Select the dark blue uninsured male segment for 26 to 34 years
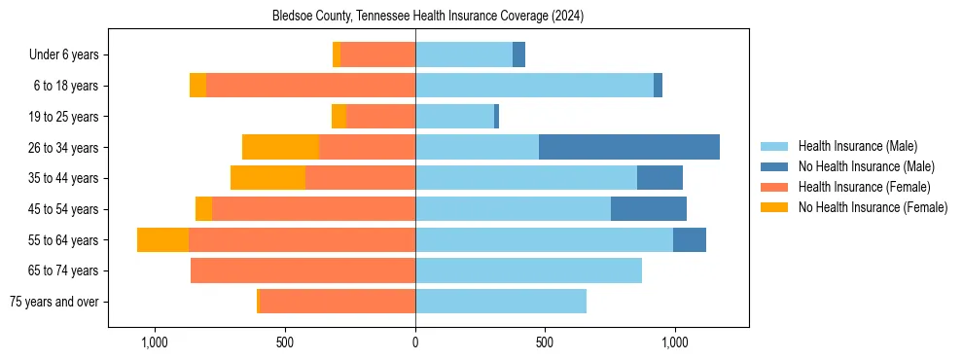628,147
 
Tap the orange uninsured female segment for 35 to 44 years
267,178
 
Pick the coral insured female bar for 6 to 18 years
310,86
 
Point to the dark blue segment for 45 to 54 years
648,209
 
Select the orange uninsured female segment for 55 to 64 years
162,240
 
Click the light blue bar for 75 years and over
501,302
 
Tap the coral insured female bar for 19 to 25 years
380,117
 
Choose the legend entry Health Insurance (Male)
857,146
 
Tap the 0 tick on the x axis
415,342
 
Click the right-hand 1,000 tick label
674,342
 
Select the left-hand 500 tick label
285,342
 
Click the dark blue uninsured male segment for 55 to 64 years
689,240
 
